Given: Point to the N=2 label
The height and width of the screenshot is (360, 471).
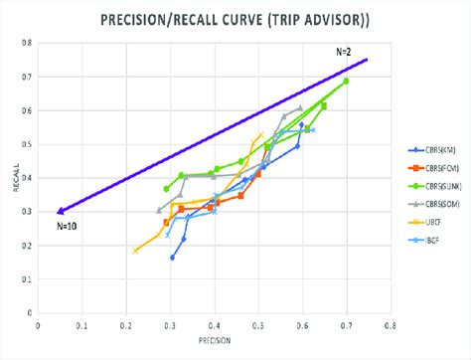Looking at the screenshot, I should coord(343,50).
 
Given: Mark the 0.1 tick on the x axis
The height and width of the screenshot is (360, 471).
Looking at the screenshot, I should coord(81,322).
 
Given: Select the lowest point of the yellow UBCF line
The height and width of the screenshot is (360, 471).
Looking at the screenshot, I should coord(135,252).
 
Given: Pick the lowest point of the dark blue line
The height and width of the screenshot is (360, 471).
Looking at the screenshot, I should coord(172,258).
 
